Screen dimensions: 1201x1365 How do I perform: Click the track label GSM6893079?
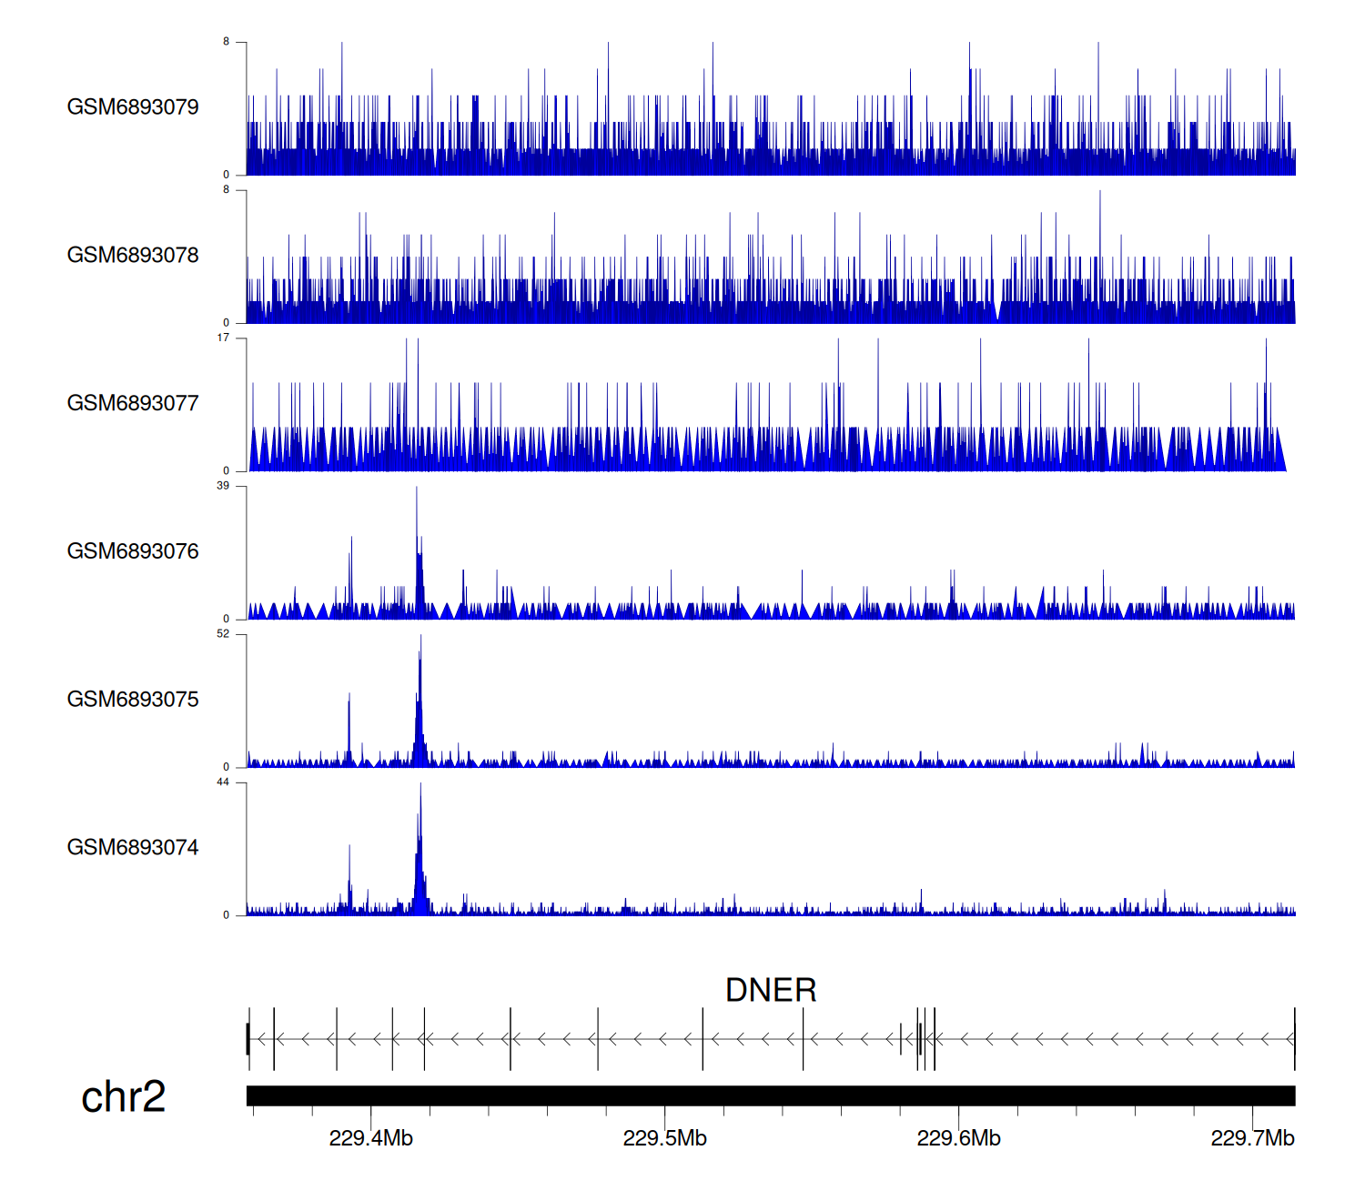[133, 107]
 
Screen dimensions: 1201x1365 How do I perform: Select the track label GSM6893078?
[133, 256]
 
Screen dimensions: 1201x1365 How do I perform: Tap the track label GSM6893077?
[133, 404]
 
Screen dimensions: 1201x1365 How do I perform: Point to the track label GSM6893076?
[133, 551]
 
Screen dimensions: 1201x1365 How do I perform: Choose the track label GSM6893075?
[133, 700]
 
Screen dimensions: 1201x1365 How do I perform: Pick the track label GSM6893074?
[133, 848]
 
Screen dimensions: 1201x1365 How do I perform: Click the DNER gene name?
[771, 990]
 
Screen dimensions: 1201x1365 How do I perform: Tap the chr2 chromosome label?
[123, 1096]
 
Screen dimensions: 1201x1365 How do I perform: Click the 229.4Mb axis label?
[370, 1138]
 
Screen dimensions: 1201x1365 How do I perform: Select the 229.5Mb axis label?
[664, 1138]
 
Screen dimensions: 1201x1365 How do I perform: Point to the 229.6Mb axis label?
[958, 1138]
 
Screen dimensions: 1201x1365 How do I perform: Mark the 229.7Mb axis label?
[1252, 1138]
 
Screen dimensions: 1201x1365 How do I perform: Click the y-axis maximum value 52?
[223, 634]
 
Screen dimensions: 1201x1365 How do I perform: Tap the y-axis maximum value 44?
[223, 782]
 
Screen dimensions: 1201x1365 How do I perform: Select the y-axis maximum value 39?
[223, 486]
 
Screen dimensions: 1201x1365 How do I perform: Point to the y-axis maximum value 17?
[223, 338]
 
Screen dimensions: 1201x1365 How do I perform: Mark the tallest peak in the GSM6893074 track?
[420, 786]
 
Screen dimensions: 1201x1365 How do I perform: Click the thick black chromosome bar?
[771, 1095]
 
